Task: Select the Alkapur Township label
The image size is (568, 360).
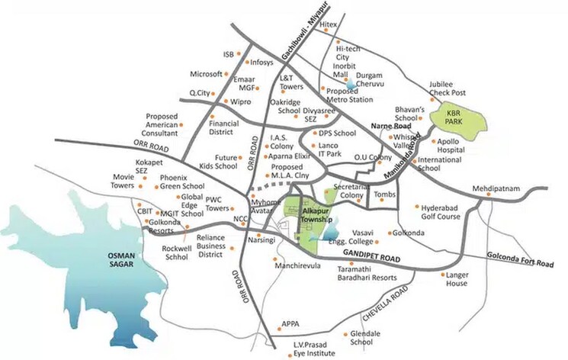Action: point(314,213)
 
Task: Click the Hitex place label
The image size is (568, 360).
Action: point(329,24)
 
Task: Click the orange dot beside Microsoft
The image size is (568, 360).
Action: point(226,74)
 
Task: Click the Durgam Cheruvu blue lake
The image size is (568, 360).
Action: point(349,85)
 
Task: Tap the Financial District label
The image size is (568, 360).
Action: point(224,127)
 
